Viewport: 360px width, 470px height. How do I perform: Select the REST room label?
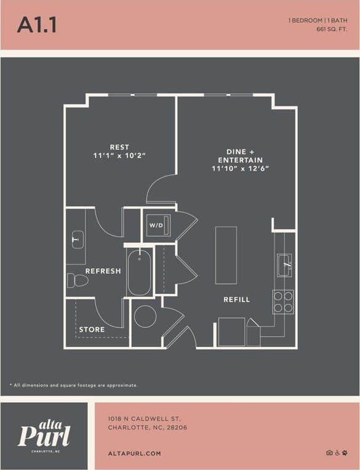[119, 147]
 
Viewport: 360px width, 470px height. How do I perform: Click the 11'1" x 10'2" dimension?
[119, 156]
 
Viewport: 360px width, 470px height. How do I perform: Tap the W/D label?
[156, 225]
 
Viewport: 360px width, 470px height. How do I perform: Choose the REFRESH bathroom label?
[103, 271]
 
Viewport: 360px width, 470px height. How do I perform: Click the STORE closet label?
[92, 329]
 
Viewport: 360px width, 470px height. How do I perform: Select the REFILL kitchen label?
[237, 300]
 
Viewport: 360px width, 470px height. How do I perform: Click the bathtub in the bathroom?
[140, 271]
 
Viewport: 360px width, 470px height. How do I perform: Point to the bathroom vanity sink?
[77, 239]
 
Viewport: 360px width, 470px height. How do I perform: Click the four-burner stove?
[283, 301]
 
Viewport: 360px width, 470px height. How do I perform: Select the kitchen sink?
[284, 265]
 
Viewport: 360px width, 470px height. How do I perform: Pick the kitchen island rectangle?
[226, 255]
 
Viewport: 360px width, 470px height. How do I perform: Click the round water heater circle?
[145, 316]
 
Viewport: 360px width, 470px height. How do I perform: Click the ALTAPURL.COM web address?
[134, 453]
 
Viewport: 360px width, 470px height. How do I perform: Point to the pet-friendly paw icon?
[346, 453]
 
